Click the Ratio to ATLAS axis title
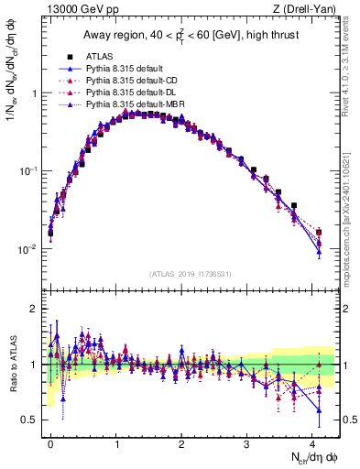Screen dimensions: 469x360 click(12, 364)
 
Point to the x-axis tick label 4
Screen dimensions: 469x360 click(313, 442)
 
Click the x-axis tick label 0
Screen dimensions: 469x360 click(50, 442)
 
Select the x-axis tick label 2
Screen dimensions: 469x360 click(182, 442)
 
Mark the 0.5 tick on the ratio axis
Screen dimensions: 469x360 click(31, 420)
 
